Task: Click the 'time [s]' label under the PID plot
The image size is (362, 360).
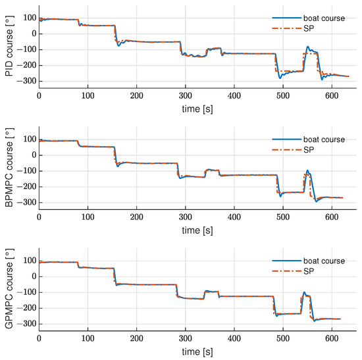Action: coord(198,108)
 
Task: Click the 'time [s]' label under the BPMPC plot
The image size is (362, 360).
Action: coord(198,230)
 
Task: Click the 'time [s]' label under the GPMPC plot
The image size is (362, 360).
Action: coord(198,352)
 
